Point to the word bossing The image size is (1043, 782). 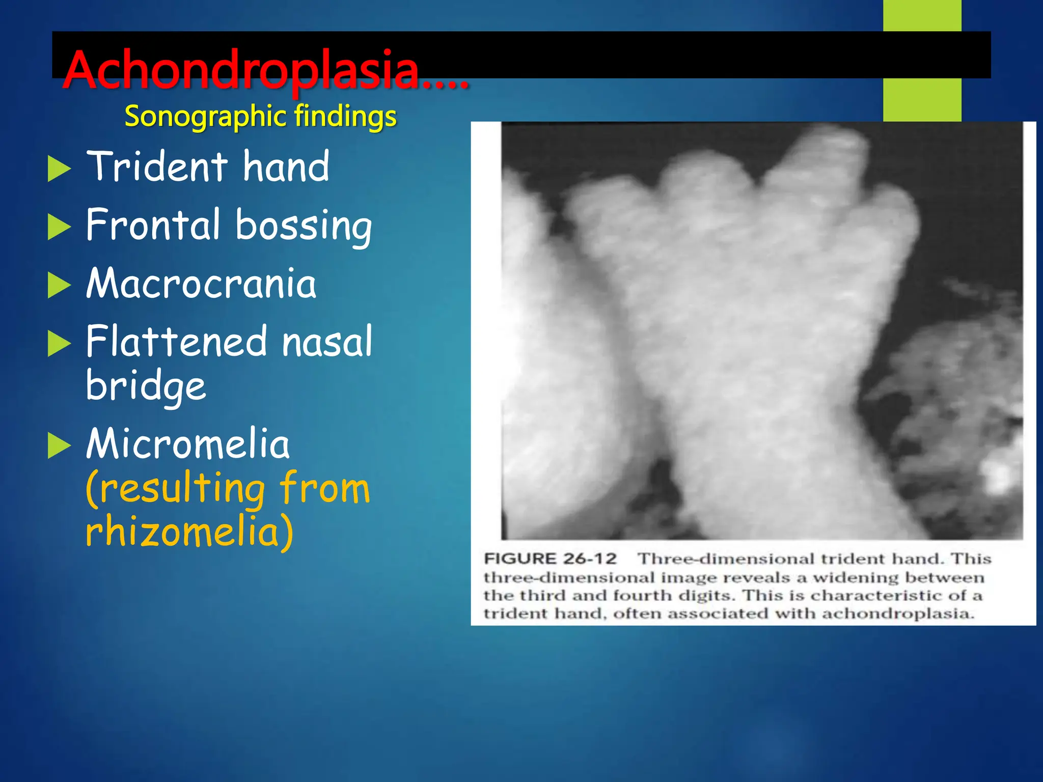point(304,226)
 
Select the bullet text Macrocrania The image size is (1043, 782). point(201,284)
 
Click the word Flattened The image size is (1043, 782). point(176,342)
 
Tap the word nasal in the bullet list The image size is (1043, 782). point(327,342)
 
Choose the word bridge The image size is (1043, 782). point(146,385)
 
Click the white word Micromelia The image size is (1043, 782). point(188,443)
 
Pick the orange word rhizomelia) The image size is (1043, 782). point(189,531)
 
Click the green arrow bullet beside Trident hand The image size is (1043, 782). point(59,169)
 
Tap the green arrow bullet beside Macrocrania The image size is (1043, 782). point(59,285)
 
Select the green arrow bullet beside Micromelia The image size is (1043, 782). point(59,445)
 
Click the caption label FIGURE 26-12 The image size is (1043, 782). point(550,558)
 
